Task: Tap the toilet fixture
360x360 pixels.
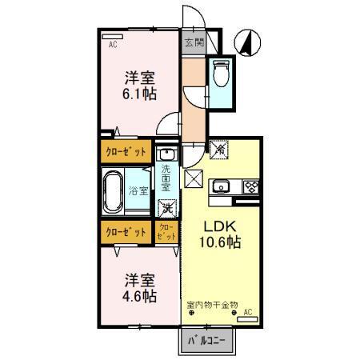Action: [x=222, y=74]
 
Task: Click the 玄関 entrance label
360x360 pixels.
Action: [x=194, y=42]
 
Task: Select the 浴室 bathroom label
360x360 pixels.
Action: [x=138, y=191]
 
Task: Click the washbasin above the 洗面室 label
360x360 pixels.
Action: [x=166, y=154]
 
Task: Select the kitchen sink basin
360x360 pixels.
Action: [x=222, y=188]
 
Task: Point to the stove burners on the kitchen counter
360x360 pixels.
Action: [x=250, y=188]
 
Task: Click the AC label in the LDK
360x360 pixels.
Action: [x=247, y=311]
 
